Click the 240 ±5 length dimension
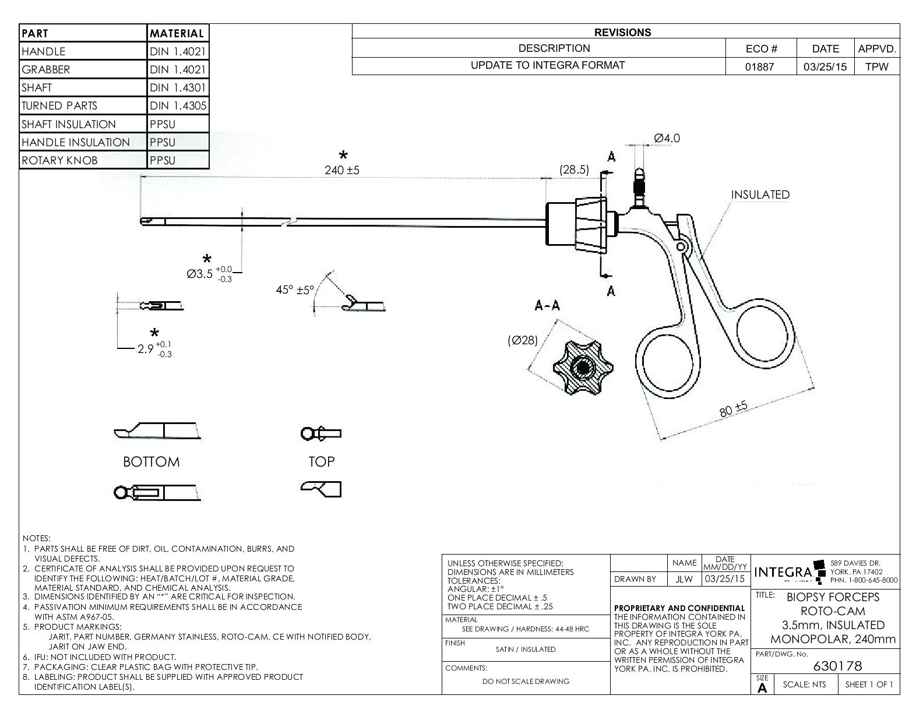click(342, 170)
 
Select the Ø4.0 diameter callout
click(667, 138)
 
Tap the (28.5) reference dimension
click(574, 170)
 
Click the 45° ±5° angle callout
click(295, 290)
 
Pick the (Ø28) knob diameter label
click(523, 340)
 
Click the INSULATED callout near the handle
click(760, 195)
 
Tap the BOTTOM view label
click(152, 462)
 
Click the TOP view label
click(322, 462)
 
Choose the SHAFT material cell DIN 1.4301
click(178, 87)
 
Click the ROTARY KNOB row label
click(59, 160)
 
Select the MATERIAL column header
click(177, 33)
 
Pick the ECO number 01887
click(760, 66)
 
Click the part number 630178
click(837, 666)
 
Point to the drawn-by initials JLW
click(684, 579)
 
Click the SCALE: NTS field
click(805, 684)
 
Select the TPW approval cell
click(877, 66)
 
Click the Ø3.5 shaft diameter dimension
click(209, 274)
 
